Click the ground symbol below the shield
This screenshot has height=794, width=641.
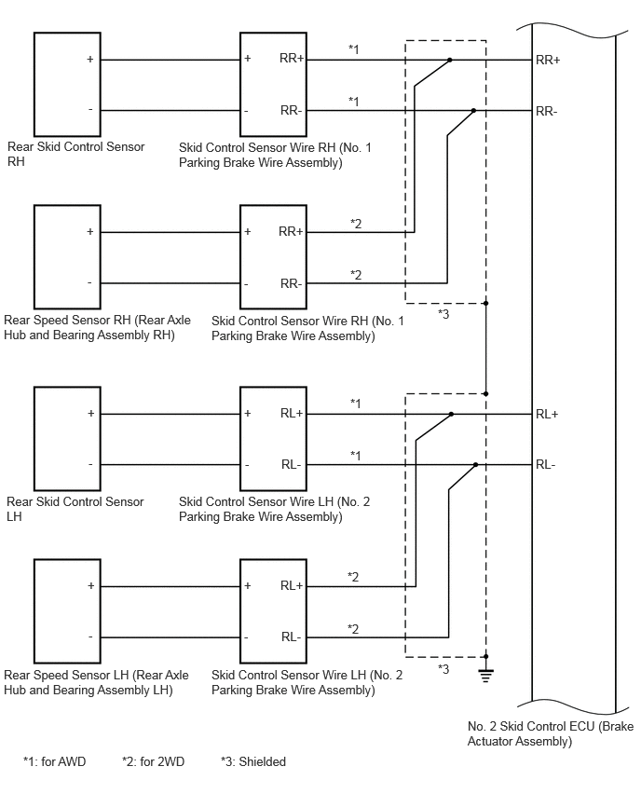click(x=485, y=675)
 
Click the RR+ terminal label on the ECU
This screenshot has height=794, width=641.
click(x=548, y=61)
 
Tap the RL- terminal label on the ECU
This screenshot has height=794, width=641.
click(x=545, y=465)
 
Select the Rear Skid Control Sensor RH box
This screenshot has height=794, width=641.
click(x=67, y=85)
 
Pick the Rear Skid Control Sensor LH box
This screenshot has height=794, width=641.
click(x=67, y=439)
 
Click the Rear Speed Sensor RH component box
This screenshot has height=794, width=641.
click(x=67, y=256)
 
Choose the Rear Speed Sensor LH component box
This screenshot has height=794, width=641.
click(x=67, y=611)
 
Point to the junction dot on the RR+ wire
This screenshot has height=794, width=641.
click(x=450, y=60)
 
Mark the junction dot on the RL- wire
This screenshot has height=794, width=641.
click(x=475, y=464)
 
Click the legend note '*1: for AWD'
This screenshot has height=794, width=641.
click(x=55, y=761)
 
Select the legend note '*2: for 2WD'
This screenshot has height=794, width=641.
click(x=154, y=761)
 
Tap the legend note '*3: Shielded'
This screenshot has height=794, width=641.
click(x=253, y=761)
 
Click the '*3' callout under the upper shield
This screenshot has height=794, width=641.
click(x=443, y=314)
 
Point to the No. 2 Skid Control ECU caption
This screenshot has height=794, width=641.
click(x=551, y=733)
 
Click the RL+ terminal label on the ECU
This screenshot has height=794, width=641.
click(x=547, y=414)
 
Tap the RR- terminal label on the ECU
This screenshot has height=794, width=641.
click(x=546, y=112)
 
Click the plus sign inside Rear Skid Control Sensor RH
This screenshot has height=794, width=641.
click(x=90, y=60)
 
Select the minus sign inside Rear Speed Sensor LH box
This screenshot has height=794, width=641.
click(x=90, y=637)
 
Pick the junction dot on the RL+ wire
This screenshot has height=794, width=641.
click(x=451, y=414)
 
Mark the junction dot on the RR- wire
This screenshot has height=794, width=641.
click(x=473, y=110)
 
